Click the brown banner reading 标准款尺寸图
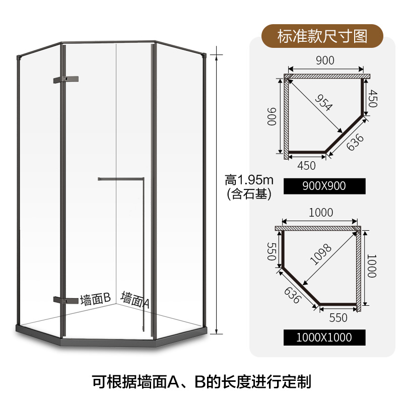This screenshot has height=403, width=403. pyautogui.click(x=323, y=36)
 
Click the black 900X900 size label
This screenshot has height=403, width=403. pyautogui.click(x=323, y=186)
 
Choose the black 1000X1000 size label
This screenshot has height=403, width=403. pyautogui.click(x=323, y=337)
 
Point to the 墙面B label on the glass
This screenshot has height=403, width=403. pyautogui.click(x=95, y=300)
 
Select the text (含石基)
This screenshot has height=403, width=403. pyautogui.click(x=248, y=193)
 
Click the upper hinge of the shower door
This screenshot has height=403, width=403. pyautogui.click(x=65, y=79)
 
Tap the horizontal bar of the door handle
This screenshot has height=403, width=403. pyautogui.click(x=121, y=178)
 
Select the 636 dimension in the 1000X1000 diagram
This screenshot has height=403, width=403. pyautogui.click(x=292, y=295)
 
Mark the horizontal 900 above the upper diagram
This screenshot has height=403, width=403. pyautogui.click(x=325, y=60)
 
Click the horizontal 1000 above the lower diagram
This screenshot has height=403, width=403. pyautogui.click(x=321, y=213)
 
